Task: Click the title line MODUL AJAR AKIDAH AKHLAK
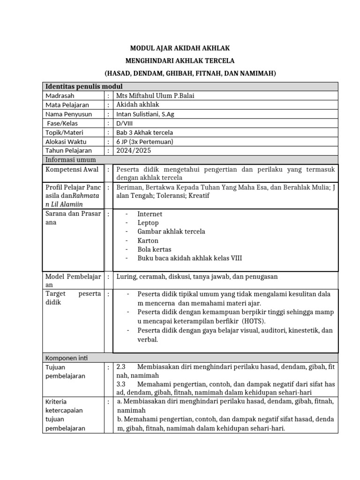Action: tap(180, 48)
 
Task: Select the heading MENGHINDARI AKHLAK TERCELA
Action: tap(180, 61)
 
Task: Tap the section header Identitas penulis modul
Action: tap(83, 86)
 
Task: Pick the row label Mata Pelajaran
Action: tap(67, 105)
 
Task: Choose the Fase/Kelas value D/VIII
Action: tap(125, 123)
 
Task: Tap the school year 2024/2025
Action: tap(134, 150)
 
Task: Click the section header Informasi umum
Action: tap(70, 159)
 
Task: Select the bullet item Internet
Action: tap(150, 214)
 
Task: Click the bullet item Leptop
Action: tap(148, 223)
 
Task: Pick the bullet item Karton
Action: tap(148, 240)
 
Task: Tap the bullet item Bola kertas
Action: tap(154, 249)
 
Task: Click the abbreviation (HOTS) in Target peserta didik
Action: tap(254, 321)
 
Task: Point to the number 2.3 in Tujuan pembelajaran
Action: tap(121, 367)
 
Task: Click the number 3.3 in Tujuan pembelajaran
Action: tap(121, 384)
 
